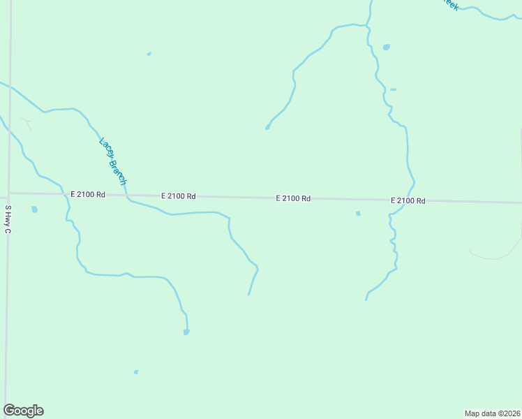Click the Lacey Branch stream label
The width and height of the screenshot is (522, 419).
pyautogui.click(x=113, y=161)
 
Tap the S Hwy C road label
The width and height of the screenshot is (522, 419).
pyautogui.click(x=8, y=219)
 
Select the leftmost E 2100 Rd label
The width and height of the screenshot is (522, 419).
pyautogui.click(x=87, y=195)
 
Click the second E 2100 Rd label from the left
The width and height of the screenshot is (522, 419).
pyautogui.click(x=178, y=196)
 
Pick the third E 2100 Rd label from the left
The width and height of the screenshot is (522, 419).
pyautogui.click(x=293, y=198)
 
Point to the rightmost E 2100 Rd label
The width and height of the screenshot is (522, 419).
pyautogui.click(x=408, y=200)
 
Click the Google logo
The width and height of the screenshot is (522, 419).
pyautogui.click(x=23, y=411)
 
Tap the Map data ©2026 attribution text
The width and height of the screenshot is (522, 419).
pyautogui.click(x=492, y=413)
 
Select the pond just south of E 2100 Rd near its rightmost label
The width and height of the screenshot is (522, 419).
pyautogui.click(x=358, y=214)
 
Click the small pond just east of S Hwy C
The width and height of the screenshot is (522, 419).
pyautogui.click(x=34, y=209)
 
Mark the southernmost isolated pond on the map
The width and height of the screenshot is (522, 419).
pyautogui.click(x=135, y=372)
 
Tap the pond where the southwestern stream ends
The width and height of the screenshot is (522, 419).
pyautogui.click(x=186, y=332)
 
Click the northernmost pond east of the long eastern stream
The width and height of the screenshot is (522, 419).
pyautogui.click(x=386, y=47)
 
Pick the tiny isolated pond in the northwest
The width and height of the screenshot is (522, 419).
pyautogui.click(x=149, y=54)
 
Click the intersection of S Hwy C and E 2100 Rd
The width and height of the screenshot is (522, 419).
pyautogui.click(x=9, y=193)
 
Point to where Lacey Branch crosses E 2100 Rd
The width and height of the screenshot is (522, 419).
pyautogui.click(x=127, y=196)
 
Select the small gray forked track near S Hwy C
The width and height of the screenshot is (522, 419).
pyautogui.click(x=27, y=124)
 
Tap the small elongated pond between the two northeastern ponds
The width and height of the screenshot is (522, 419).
pyautogui.click(x=393, y=89)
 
